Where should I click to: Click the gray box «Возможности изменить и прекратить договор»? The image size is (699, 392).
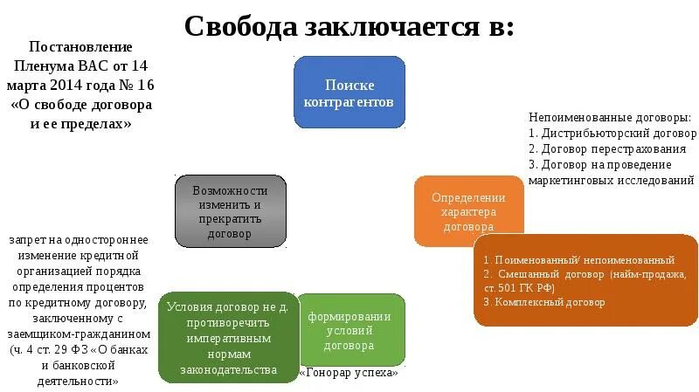(x=230, y=210)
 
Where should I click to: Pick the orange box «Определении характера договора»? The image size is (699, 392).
(x=468, y=211)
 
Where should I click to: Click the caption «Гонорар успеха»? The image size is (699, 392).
(x=349, y=373)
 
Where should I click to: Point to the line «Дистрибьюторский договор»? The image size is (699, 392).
(x=619, y=134)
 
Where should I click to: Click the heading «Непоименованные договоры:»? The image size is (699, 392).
(x=609, y=118)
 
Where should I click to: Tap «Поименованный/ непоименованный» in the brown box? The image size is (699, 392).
(x=585, y=260)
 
